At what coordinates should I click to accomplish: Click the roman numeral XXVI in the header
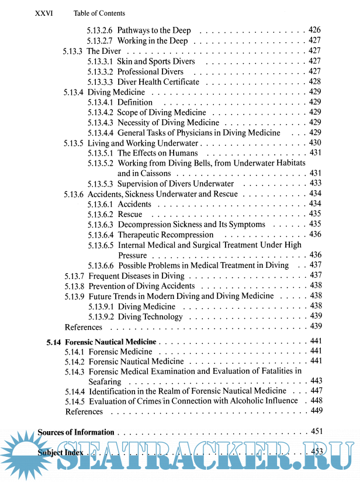tap(44, 13)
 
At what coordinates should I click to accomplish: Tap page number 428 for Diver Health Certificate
tap(314, 82)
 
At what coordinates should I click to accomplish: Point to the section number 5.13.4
tap(73, 92)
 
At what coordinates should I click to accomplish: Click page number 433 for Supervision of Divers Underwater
tap(315, 184)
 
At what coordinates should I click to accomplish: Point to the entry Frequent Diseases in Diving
tap(136, 276)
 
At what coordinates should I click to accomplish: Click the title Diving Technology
tap(150, 316)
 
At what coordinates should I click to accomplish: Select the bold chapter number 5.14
tap(54, 342)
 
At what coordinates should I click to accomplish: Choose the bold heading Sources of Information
tap(76, 432)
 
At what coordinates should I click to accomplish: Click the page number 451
tap(317, 432)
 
